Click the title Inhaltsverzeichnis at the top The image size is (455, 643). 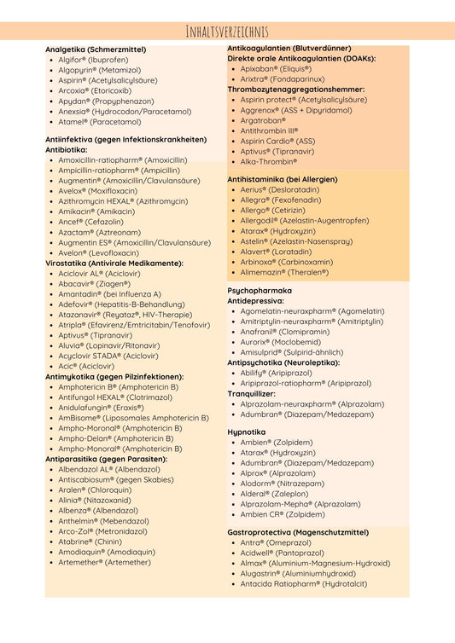pyautogui.click(x=227, y=32)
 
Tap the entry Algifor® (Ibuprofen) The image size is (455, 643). pyautogui.click(x=93, y=61)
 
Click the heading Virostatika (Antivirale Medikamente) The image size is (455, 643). pyautogui.click(x=114, y=263)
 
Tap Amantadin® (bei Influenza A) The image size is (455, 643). pyautogui.click(x=109, y=293)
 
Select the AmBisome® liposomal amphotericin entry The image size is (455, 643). pyautogui.click(x=132, y=418)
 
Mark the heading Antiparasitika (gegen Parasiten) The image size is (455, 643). pyautogui.click(x=106, y=459)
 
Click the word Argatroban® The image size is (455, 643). pyautogui.click(x=263, y=120)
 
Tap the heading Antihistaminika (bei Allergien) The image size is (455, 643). pyautogui.click(x=282, y=179)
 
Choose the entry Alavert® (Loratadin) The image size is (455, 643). pyautogui.click(x=276, y=252)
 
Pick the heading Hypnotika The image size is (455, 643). pyautogui.click(x=246, y=432)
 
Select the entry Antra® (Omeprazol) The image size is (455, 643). pyautogui.click(x=275, y=542)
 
